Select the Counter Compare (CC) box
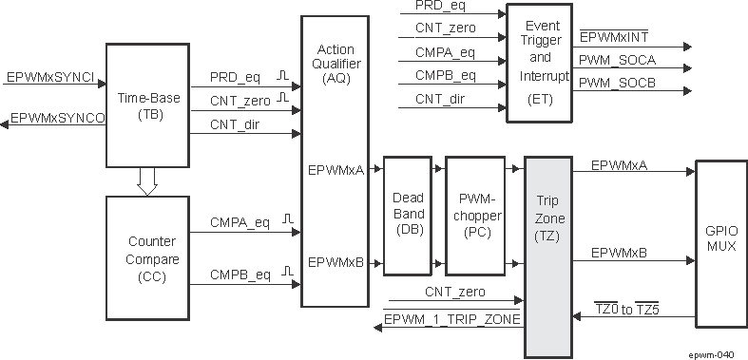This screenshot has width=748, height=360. [x=146, y=257]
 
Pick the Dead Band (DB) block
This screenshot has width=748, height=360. [x=408, y=214]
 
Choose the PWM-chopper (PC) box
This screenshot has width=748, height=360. [x=473, y=214]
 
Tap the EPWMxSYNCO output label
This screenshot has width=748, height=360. [x=57, y=118]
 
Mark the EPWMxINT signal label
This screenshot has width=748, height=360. [x=616, y=37]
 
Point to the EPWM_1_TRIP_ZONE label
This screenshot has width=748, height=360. [x=453, y=320]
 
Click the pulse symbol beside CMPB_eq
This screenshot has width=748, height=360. [x=283, y=274]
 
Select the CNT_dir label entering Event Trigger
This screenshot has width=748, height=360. [x=444, y=99]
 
